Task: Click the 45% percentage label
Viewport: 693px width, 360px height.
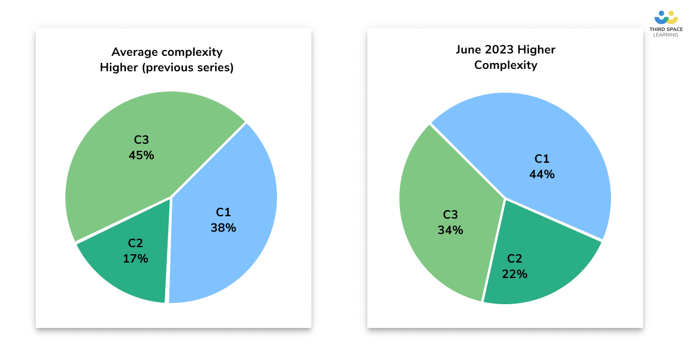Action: coord(141,155)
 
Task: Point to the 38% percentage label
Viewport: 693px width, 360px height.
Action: coord(223,228)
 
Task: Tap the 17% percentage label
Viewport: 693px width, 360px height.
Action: coord(136,258)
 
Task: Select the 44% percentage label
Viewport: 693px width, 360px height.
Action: coord(542,174)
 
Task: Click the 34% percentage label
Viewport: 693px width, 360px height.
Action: coord(451,230)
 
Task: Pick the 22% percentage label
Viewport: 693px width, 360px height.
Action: coord(515,274)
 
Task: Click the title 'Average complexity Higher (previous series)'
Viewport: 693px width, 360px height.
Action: coord(166,59)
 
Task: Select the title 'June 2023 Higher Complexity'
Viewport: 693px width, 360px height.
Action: coord(506,57)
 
